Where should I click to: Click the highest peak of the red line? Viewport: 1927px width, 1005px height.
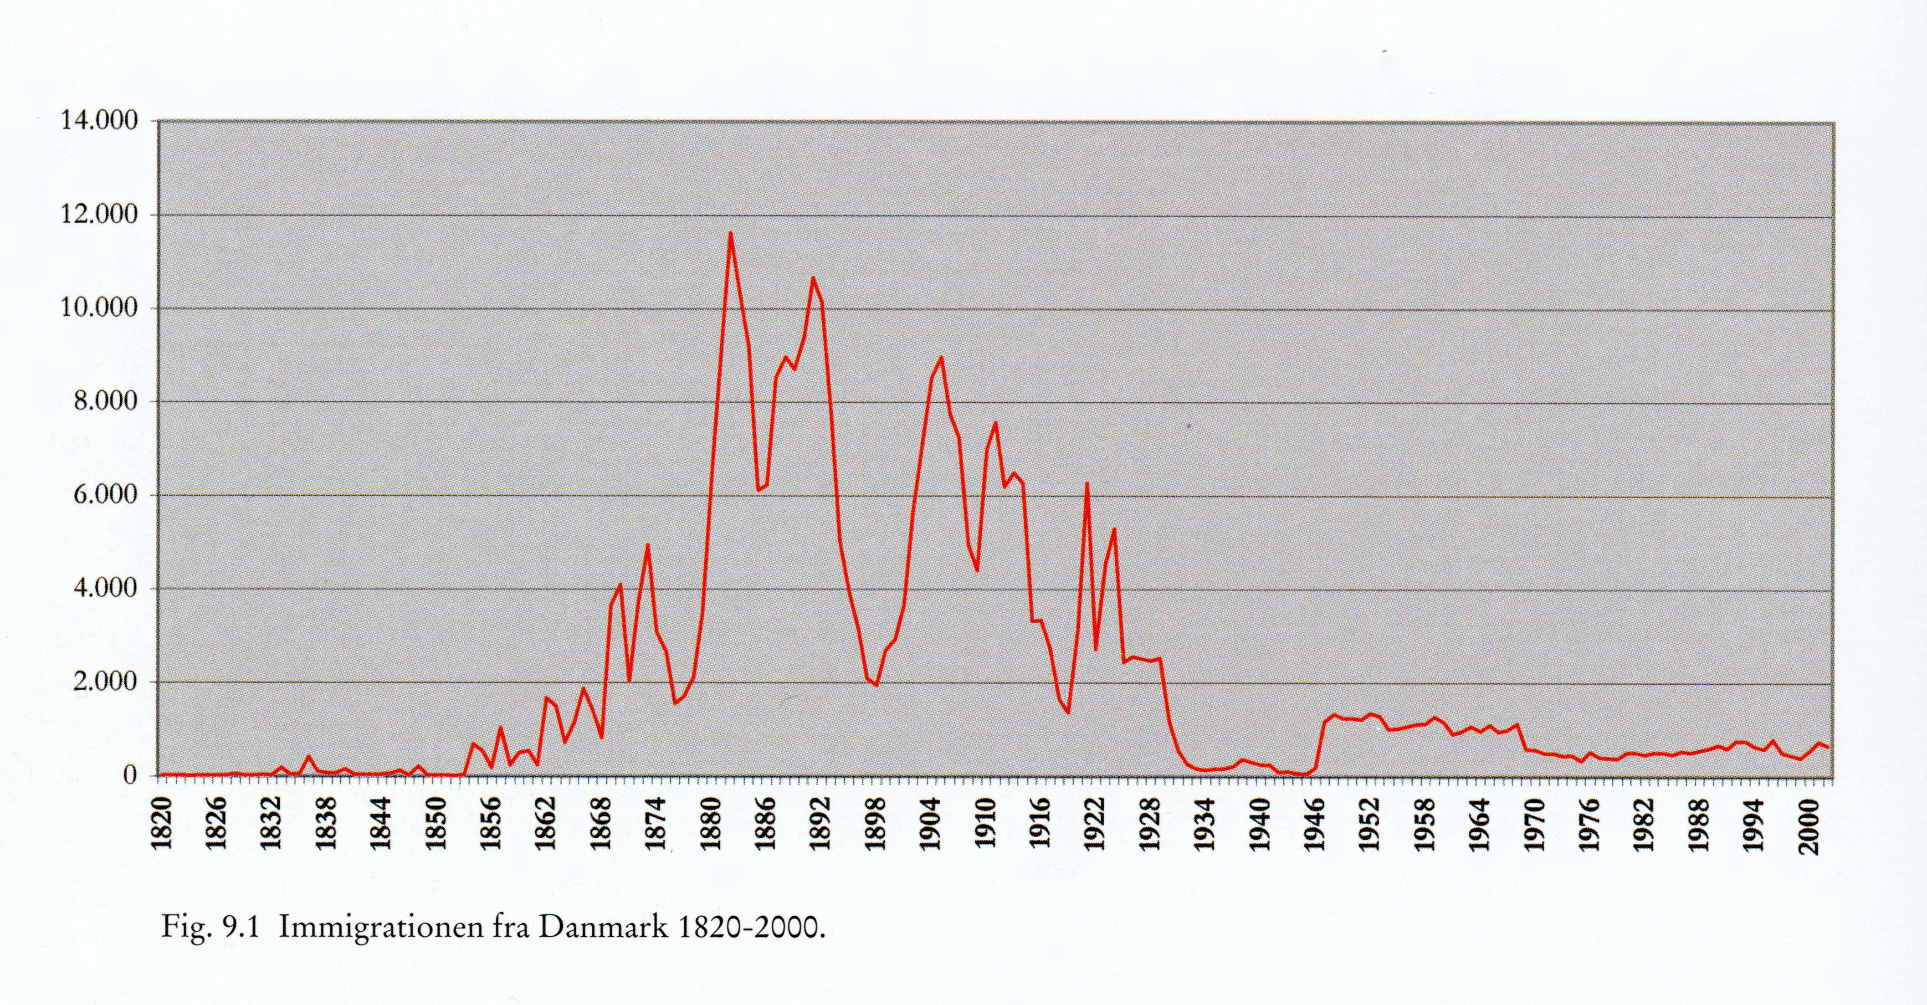[x=730, y=233]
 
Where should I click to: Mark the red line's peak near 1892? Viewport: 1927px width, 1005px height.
[x=813, y=278]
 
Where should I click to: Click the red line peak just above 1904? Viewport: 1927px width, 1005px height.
[x=941, y=358]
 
